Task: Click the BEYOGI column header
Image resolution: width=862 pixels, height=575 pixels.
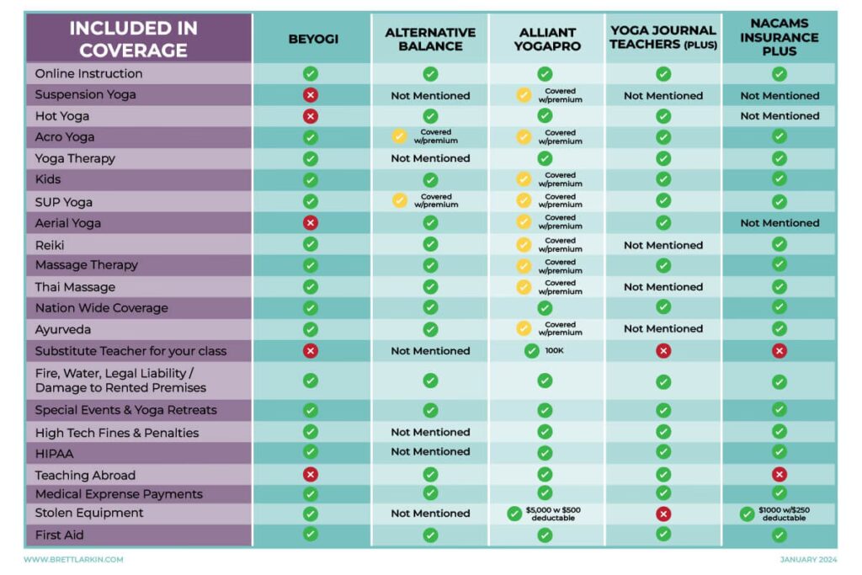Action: point(312,39)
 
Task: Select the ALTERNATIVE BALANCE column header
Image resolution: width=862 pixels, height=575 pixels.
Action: point(430,39)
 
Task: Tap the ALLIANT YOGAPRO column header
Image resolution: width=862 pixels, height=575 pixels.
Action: point(547,39)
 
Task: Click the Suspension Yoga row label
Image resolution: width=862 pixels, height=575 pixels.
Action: point(85,94)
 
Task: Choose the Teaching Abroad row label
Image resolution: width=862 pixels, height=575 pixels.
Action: point(85,475)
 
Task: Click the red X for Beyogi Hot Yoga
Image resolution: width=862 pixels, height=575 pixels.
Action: point(310,115)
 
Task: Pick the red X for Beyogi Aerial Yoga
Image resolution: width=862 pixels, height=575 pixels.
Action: point(310,222)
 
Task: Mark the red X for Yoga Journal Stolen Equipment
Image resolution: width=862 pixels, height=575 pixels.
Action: point(663,514)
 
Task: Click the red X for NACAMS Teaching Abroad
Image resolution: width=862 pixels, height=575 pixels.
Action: point(780,474)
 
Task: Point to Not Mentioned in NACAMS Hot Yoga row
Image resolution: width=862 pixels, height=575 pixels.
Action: point(780,116)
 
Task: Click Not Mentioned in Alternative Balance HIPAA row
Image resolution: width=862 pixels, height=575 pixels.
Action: point(430,452)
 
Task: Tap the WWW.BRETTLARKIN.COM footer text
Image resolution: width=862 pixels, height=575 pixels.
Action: point(73,559)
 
